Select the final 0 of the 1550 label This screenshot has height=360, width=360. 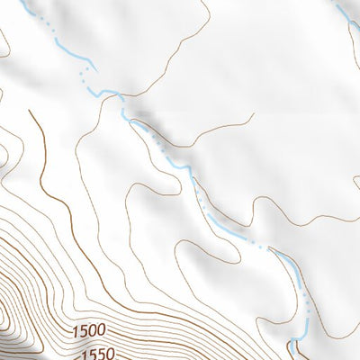coord(113,352)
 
